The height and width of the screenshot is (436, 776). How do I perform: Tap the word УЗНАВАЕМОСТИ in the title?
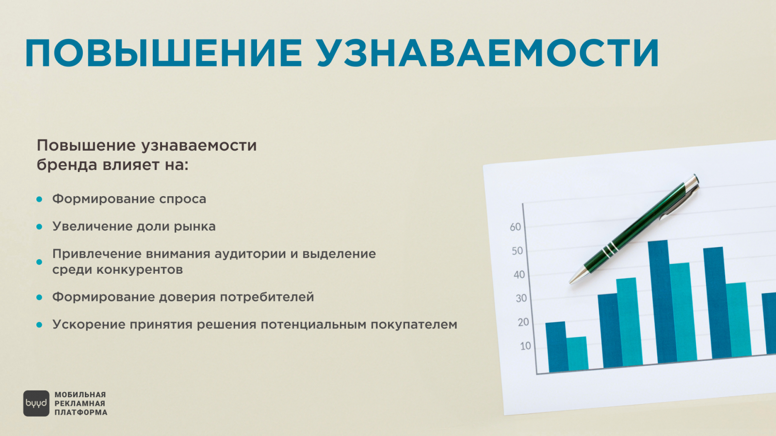(x=488, y=53)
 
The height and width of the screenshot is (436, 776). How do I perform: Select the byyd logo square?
(x=36, y=404)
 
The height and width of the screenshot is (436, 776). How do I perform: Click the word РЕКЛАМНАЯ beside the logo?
(x=80, y=404)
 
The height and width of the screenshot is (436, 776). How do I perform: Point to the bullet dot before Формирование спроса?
(x=39, y=199)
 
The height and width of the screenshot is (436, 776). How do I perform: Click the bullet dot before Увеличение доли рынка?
(x=39, y=227)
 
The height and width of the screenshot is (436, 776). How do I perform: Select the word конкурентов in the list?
(x=140, y=269)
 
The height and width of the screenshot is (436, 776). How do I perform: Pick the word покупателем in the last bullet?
(x=414, y=325)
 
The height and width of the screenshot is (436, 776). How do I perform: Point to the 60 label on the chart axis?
(x=516, y=227)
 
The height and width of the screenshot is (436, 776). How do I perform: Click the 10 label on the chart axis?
(x=526, y=346)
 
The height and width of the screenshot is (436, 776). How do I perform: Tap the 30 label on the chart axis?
(x=521, y=298)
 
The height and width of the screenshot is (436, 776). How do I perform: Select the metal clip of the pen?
(x=679, y=203)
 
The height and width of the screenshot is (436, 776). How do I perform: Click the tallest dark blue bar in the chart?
(x=663, y=301)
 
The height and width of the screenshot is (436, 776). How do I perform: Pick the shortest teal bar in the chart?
(x=578, y=353)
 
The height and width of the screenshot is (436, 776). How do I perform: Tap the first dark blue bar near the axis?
(x=557, y=347)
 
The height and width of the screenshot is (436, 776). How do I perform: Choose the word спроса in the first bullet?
(x=182, y=200)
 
